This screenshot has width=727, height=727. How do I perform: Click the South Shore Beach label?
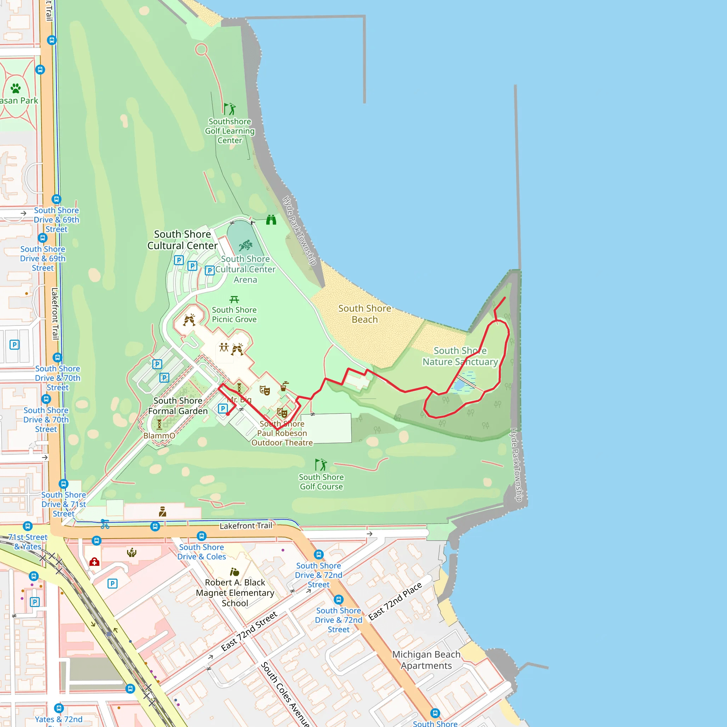click(364, 314)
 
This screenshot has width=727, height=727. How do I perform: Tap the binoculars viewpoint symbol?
click(271, 220)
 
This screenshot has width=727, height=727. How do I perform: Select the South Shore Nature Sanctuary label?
click(460, 356)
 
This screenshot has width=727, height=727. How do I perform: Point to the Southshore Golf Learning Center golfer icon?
click(230, 109)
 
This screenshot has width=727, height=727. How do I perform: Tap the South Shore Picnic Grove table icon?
click(234, 300)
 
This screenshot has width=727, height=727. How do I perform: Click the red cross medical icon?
click(94, 562)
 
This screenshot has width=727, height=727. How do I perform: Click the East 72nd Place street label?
click(395, 601)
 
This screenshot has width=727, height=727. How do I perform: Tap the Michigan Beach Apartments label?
click(426, 660)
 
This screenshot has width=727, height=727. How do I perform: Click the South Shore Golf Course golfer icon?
click(321, 465)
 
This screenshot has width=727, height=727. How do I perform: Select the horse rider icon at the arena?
click(245, 246)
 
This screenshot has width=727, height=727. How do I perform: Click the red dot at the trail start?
click(228, 414)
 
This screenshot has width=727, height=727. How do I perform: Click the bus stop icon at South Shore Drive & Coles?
click(202, 536)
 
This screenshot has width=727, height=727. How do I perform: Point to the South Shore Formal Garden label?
click(177, 406)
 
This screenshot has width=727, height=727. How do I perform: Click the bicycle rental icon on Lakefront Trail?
click(105, 524)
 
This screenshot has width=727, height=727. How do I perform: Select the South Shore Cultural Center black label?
click(182, 240)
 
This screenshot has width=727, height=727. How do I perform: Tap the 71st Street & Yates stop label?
click(28, 542)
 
